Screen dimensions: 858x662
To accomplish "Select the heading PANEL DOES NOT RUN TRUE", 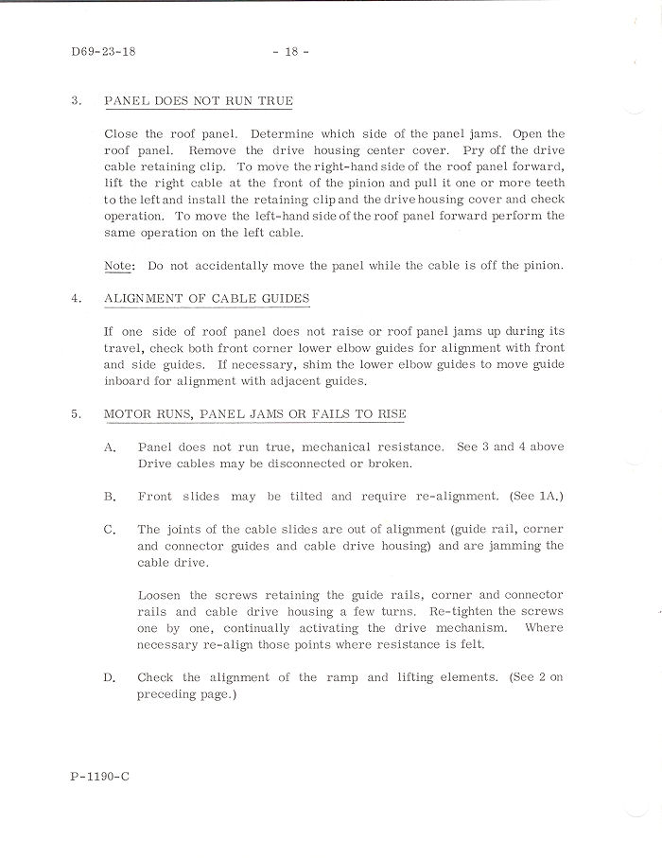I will (199, 101).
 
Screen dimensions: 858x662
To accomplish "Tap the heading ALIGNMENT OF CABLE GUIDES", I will (206, 298).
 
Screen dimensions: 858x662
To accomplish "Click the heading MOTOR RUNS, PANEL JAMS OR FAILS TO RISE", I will (255, 414).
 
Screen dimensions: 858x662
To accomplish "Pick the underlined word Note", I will (117, 266).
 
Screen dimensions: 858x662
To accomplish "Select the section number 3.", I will (76, 101).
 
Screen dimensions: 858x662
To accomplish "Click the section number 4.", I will (76, 298).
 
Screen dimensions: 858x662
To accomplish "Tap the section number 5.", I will (76, 414).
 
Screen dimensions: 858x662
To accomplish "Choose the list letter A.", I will (110, 446).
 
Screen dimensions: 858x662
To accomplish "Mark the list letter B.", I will (110, 496).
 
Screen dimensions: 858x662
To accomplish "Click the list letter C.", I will (110, 530).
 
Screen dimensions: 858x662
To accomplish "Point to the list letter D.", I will (110, 677).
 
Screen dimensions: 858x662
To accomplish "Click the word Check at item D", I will (155, 677).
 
